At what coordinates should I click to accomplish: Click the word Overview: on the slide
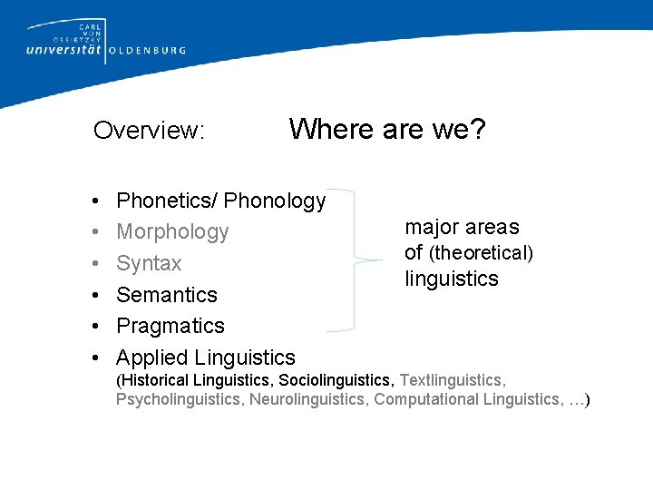pos(150,131)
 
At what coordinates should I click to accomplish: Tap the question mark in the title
pos(477,129)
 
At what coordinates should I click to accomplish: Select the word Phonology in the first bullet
pos(275,201)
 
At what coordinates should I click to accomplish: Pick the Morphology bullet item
pos(172,232)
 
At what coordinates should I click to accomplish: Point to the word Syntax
pos(149,264)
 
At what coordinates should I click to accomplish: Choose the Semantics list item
pos(167,295)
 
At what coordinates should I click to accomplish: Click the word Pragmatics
pos(171,326)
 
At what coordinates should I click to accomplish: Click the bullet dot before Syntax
pos(95,264)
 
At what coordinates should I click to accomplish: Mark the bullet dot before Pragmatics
pos(95,326)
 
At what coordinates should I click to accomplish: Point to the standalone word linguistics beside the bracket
pos(452,279)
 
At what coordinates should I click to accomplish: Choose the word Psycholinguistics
pos(180,399)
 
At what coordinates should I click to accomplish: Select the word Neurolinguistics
pos(308,399)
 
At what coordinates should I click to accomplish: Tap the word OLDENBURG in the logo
pos(147,51)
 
